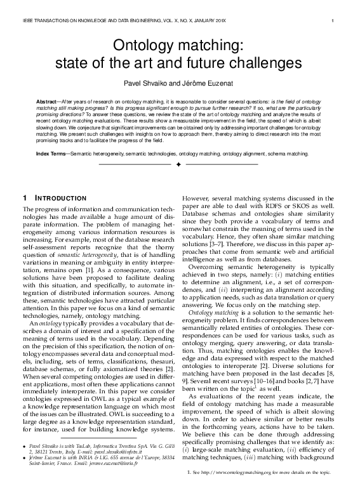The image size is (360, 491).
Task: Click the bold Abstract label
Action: [50, 101]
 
